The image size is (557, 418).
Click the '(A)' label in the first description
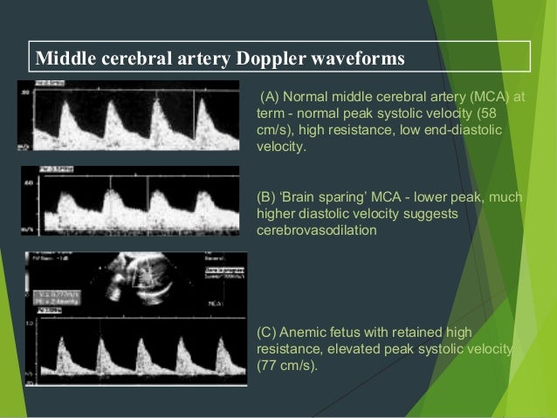pyautogui.click(x=272, y=95)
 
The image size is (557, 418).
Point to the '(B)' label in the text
pyautogui.click(x=267, y=198)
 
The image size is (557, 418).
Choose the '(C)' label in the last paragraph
pyautogui.click(x=267, y=332)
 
